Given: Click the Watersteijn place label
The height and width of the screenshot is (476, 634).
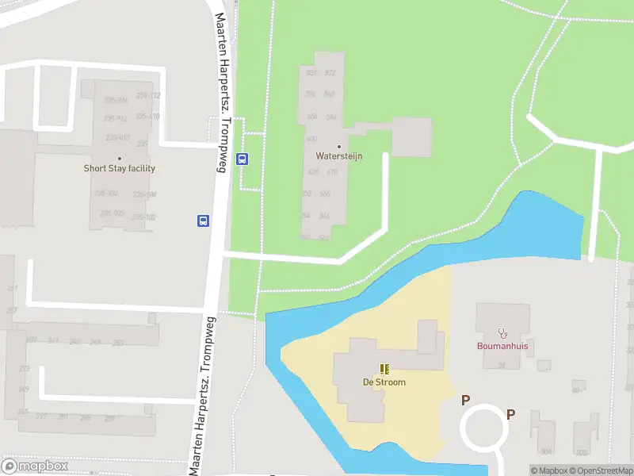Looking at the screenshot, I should tap(338, 156).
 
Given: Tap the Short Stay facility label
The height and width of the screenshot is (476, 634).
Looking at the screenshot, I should tap(120, 168).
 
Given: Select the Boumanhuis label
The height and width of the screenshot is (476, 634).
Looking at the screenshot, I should tap(502, 346).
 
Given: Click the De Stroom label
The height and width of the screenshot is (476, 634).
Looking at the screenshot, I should tap(384, 382).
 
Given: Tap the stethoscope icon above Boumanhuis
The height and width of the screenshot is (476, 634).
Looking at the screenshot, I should tap(502, 333).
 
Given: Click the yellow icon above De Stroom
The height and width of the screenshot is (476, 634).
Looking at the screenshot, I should tap(384, 369).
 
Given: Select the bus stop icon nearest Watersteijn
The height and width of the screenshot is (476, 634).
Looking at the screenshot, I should tap(243, 158).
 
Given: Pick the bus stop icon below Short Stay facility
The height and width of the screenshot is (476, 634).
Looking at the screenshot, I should tap(203, 221).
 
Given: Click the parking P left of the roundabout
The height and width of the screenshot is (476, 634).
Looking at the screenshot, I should tap(466, 401).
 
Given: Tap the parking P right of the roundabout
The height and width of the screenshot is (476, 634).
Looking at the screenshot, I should tap(511, 414).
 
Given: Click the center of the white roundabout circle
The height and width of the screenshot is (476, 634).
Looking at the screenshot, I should tap(484, 429).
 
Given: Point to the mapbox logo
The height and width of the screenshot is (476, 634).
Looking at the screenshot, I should tap(35, 466).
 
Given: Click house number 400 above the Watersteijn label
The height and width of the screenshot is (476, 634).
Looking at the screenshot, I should tap(311, 138).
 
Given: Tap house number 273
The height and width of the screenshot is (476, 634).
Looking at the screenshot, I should tap(24, 369).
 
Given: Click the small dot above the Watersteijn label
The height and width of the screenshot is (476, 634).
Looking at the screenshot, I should tap(339, 146).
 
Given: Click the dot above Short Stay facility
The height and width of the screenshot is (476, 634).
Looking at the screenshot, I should tap(120, 159).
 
